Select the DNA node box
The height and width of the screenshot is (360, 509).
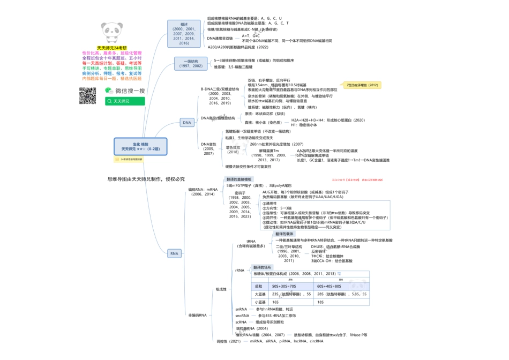click(187, 123)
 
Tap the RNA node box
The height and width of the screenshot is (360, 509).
click(174, 253)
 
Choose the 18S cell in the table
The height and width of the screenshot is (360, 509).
click(320, 303)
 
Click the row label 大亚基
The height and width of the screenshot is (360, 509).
click(260, 294)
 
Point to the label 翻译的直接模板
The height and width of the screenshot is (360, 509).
click(239, 179)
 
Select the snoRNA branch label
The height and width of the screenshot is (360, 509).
click(242, 316)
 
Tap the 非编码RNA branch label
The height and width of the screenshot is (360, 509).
click(197, 315)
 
